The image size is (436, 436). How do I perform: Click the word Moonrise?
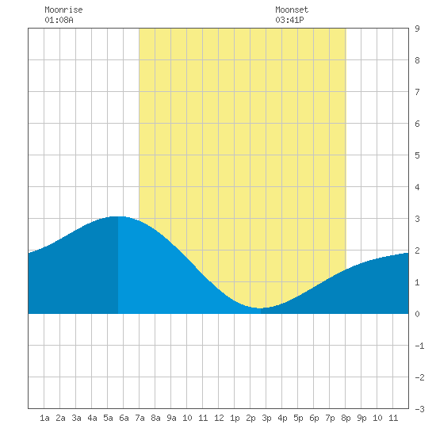tap(63, 10)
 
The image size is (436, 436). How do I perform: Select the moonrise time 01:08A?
tap(59, 20)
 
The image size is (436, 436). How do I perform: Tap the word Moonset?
tap(292, 10)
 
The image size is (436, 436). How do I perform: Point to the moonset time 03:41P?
tap(289, 20)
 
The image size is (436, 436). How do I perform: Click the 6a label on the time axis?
tap(124, 418)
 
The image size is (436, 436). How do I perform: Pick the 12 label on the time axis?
tap(219, 418)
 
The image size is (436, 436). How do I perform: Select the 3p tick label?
tap(266, 418)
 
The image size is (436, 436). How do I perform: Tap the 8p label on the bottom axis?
tap(346, 418)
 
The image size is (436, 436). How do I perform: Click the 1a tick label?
tap(44, 418)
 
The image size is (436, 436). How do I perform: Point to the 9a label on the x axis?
tap(171, 418)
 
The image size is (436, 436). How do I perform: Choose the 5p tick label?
tap(298, 418)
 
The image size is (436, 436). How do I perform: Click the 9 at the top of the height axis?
tap(417, 29)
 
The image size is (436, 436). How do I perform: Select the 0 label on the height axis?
tap(417, 314)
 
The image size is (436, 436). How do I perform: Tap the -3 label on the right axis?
tap(419, 409)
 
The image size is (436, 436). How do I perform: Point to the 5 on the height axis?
tap(417, 155)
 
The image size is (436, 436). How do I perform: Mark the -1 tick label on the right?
tap(419, 346)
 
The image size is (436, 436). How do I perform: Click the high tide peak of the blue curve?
tap(118, 216)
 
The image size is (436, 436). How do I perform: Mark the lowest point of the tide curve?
tap(260, 308)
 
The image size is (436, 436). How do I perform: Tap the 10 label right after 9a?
tap(187, 418)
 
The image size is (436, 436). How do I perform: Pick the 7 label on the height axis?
tap(417, 92)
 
